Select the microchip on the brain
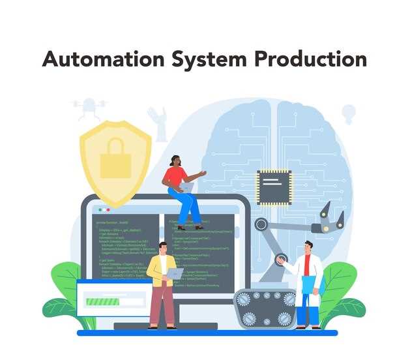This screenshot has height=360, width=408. coord(274,187)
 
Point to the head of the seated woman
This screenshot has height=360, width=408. coord(175,160)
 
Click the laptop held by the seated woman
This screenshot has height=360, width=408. coord(188,187)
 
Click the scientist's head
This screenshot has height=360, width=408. coord(309,247)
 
